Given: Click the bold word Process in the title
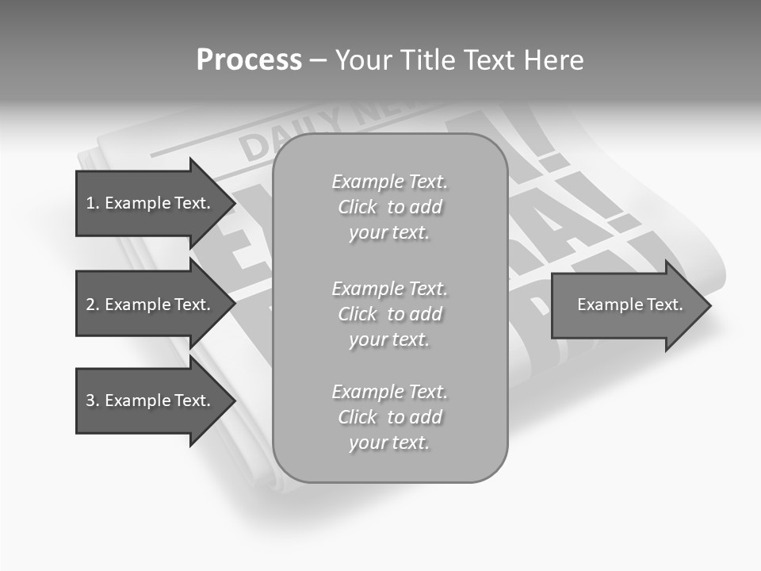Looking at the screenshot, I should [x=249, y=60].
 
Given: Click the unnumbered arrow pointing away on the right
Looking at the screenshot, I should [x=626, y=305].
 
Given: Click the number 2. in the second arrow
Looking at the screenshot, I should [x=93, y=305].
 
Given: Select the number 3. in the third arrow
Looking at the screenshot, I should [x=93, y=400].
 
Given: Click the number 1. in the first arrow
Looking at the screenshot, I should [x=93, y=203].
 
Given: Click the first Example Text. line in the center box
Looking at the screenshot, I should [x=390, y=182].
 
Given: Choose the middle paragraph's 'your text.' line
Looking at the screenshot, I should [x=390, y=339].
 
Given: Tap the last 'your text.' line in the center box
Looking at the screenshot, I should [x=390, y=443].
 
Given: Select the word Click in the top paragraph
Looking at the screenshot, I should [x=358, y=207].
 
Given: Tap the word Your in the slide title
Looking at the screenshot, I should [x=363, y=60].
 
